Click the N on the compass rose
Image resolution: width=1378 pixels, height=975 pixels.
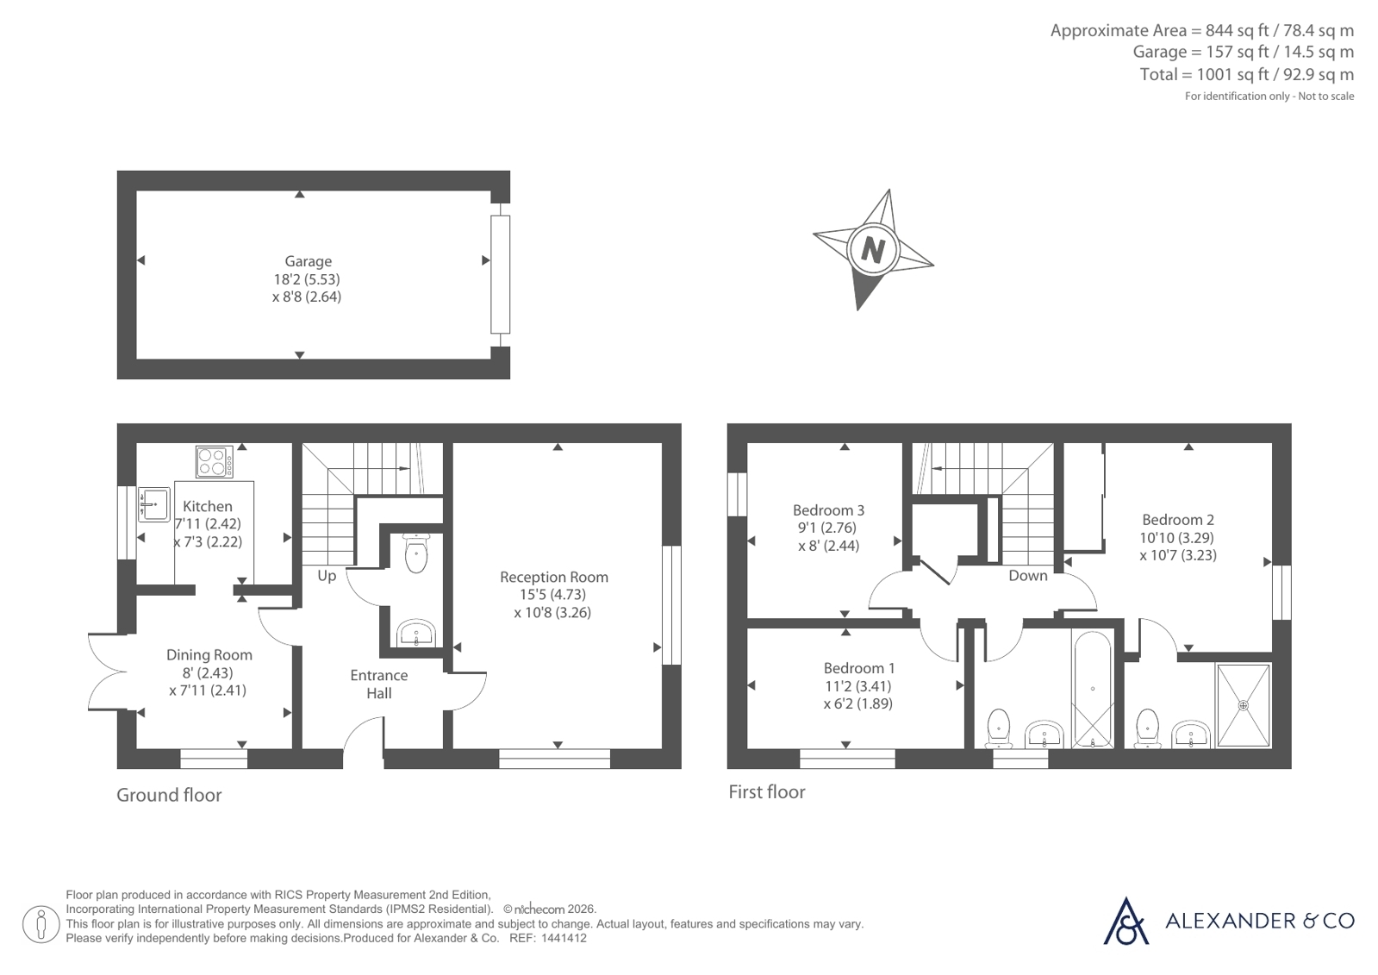pyautogui.click(x=873, y=251)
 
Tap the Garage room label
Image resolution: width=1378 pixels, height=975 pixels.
pyautogui.click(x=308, y=261)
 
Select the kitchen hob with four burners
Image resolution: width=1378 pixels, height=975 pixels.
pyautogui.click(x=214, y=462)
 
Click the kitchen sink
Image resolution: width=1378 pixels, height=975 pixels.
pyautogui.click(x=153, y=504)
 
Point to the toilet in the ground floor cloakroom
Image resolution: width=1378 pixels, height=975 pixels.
pyautogui.click(x=416, y=553)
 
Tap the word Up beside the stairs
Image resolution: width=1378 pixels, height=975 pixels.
pyautogui.click(x=327, y=576)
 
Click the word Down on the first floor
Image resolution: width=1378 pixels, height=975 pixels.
pyautogui.click(x=1028, y=576)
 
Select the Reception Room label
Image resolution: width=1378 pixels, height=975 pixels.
pyautogui.click(x=553, y=578)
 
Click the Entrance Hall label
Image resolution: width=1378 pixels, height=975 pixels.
pyautogui.click(x=379, y=684)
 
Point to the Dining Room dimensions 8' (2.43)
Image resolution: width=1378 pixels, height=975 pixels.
pyautogui.click(x=209, y=672)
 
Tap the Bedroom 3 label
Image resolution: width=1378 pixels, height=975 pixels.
pyautogui.click(x=829, y=510)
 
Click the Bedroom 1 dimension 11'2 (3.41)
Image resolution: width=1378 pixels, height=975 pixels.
pyautogui.click(x=858, y=685)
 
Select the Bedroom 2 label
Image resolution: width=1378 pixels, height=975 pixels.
pyautogui.click(x=1178, y=520)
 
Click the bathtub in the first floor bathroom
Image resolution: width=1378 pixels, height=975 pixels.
pyautogui.click(x=1093, y=689)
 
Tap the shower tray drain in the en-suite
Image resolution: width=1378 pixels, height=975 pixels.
pyautogui.click(x=1244, y=705)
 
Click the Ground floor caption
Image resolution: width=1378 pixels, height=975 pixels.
pyautogui.click(x=169, y=796)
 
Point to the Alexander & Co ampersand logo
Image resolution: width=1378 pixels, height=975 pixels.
pyautogui.click(x=1125, y=921)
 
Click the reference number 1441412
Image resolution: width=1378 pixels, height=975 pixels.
pyautogui.click(x=564, y=939)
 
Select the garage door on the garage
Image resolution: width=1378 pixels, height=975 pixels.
pyautogui.click(x=500, y=274)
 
